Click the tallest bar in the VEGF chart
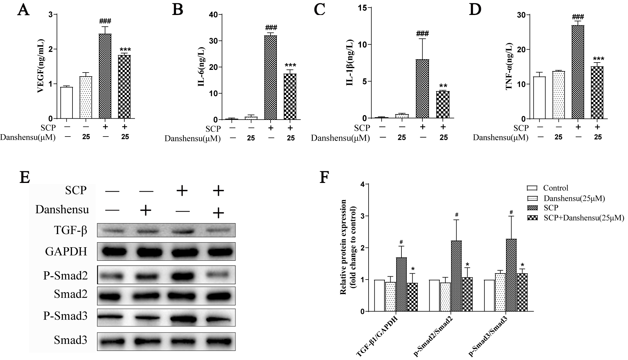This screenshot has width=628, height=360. click(105, 76)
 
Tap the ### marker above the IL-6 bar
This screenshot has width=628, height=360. click(271, 28)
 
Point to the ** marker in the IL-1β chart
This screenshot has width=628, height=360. click(443, 86)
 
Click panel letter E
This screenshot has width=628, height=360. click(25, 177)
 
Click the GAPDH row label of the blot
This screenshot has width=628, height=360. click(66, 252)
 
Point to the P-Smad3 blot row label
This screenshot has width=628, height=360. click(65, 316)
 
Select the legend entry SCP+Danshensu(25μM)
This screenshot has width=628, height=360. click(583, 218)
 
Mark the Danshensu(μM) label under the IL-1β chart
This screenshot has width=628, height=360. click(340, 138)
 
